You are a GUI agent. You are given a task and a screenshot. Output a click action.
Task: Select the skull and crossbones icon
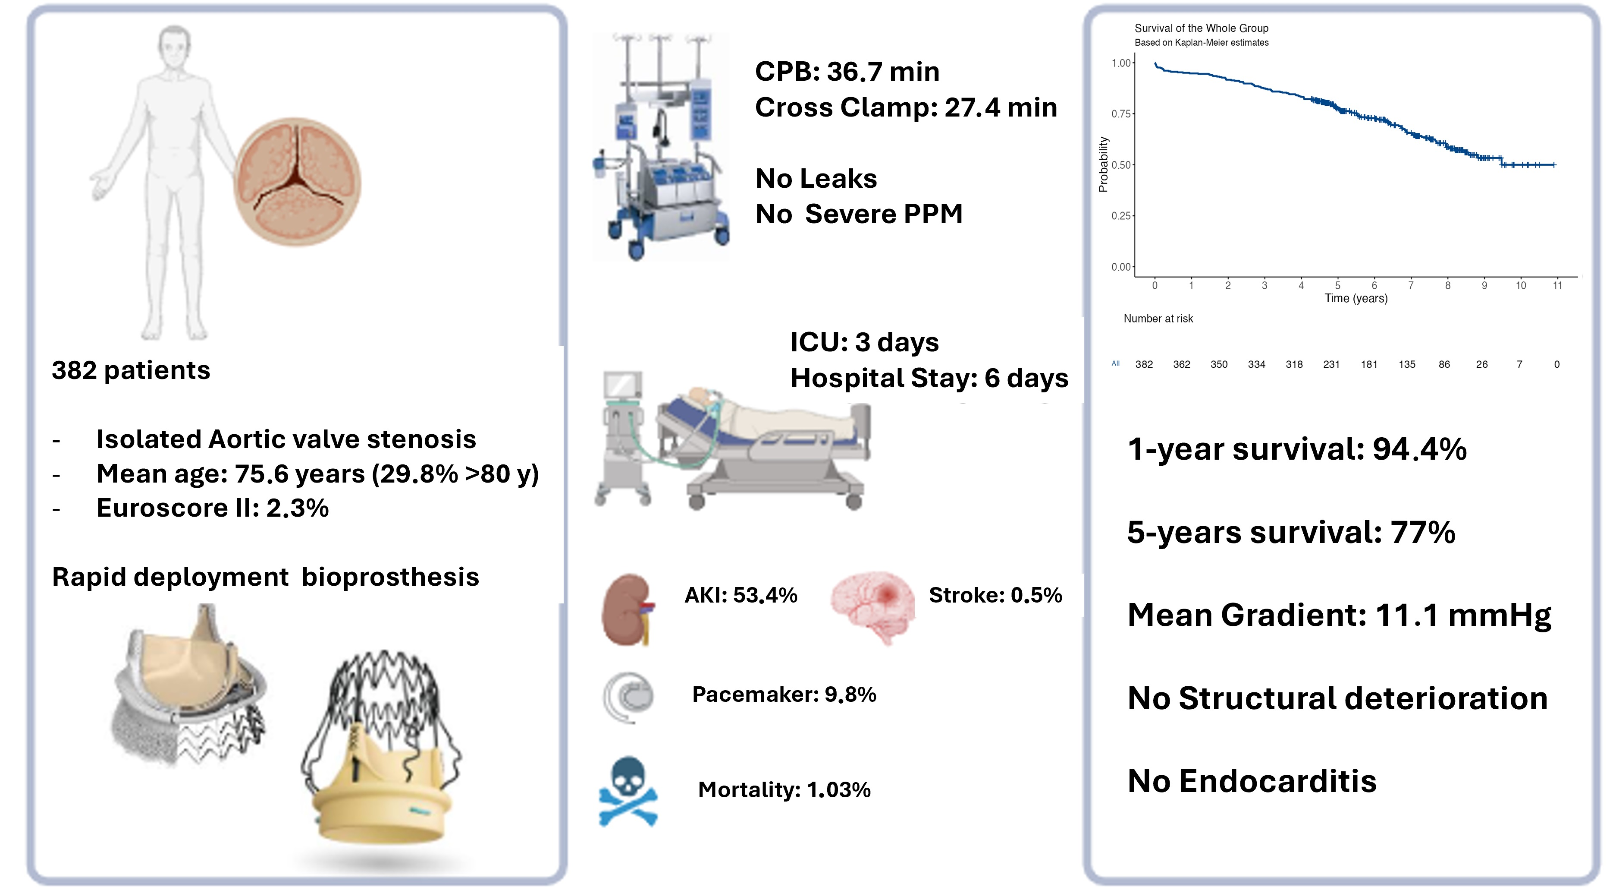click(x=628, y=791)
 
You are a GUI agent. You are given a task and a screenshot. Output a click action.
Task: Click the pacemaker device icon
click(x=628, y=697)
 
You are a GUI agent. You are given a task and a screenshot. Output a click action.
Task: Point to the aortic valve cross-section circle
click(x=297, y=182)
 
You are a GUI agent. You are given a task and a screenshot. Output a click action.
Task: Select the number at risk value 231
click(x=1331, y=364)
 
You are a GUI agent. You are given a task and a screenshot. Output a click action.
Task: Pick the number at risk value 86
click(x=1444, y=364)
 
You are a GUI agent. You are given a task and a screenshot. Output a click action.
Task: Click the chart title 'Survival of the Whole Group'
click(x=1202, y=28)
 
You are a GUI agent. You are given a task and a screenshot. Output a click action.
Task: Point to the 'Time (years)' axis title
click(x=1356, y=298)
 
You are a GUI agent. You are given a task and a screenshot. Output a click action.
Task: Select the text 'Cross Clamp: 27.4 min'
click(x=906, y=107)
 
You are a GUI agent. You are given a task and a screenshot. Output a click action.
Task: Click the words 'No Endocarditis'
click(x=1252, y=781)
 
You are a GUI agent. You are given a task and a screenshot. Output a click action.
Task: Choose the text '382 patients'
click(x=131, y=370)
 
